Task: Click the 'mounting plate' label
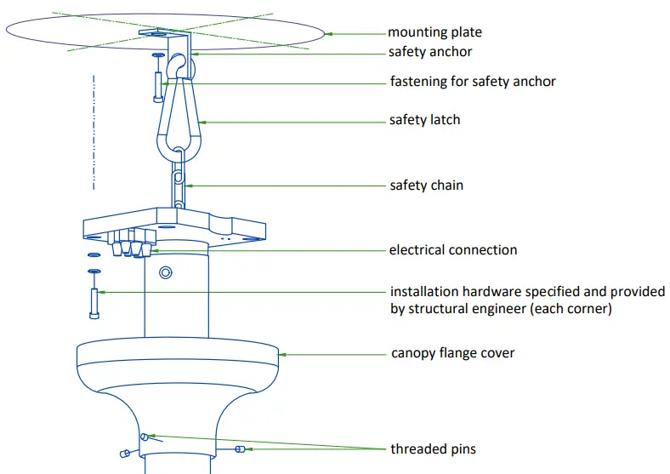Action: [x=434, y=32]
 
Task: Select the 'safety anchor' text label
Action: [x=430, y=52]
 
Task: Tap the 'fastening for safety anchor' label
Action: [x=472, y=82]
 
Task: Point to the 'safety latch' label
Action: [x=424, y=120]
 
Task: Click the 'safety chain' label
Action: [x=426, y=185]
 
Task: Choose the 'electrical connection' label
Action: [x=452, y=250]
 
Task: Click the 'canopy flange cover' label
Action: [x=452, y=352]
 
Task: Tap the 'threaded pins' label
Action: [x=434, y=448]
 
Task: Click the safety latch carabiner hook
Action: [x=179, y=119]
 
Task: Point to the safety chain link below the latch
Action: [x=179, y=183]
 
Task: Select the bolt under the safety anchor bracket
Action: [x=158, y=85]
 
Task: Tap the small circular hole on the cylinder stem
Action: [x=165, y=272]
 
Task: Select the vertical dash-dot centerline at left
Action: [x=94, y=132]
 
